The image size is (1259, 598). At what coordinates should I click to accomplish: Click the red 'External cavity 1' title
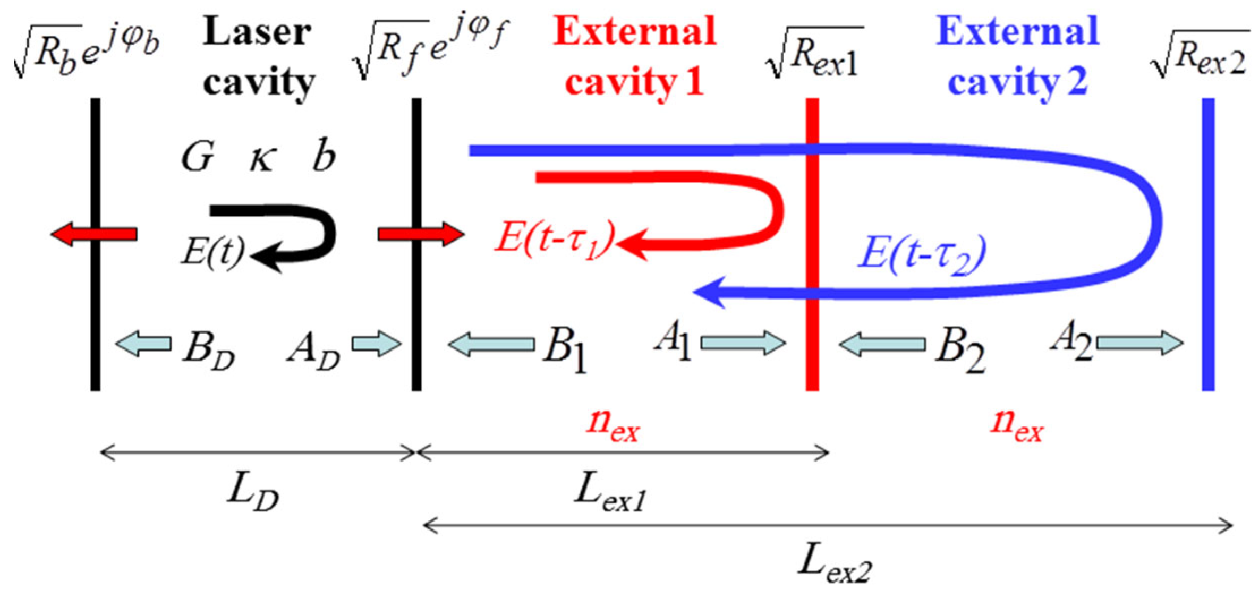tap(634, 56)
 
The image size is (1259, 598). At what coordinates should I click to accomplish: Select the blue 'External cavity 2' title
tap(1017, 56)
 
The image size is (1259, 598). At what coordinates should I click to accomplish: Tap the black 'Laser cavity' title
tap(258, 56)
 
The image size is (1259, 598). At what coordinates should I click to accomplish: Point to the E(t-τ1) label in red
tap(555, 237)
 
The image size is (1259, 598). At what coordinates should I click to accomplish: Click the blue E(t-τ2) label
tap(922, 254)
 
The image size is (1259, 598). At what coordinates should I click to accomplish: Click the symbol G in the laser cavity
tap(197, 158)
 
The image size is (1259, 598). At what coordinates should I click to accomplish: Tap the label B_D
tap(208, 351)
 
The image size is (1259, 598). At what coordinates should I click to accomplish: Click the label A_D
tap(313, 351)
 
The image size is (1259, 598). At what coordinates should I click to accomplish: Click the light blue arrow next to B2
tap(882, 344)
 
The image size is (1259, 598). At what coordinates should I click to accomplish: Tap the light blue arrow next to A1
tap(743, 343)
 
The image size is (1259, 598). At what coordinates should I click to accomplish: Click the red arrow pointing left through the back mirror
tap(94, 234)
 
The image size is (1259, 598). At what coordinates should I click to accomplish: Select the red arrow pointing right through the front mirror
tap(421, 234)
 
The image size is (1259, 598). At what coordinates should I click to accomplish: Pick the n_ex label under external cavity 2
tap(1017, 425)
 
